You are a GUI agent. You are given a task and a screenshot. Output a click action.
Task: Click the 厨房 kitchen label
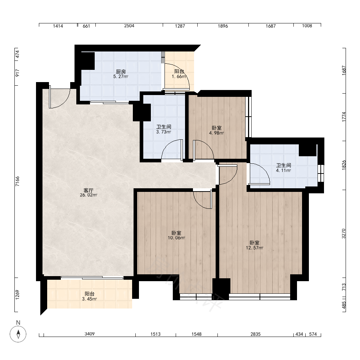pyautogui.click(x=121, y=72)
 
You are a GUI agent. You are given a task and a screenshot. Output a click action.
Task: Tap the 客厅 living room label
pyautogui.click(x=89, y=190)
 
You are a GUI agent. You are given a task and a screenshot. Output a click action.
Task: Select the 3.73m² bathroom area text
pyautogui.click(x=164, y=132)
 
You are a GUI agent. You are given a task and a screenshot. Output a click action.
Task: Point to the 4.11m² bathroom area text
pyautogui.click(x=284, y=171)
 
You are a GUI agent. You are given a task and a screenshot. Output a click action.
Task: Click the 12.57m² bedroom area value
pyautogui.click(x=255, y=248)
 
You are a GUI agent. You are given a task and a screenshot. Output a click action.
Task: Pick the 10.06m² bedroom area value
pyautogui.click(x=176, y=238)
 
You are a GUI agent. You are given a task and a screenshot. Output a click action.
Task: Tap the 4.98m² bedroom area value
pyautogui.click(x=216, y=133)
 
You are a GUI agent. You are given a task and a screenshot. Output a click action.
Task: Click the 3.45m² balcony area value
pyautogui.click(x=89, y=299)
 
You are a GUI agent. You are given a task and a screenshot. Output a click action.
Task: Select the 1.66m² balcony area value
pyautogui.click(x=179, y=77)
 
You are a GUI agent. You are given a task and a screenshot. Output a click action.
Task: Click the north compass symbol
pyautogui.click(x=18, y=334)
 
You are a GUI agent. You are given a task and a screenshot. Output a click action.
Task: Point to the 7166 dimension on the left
pyautogui.click(x=18, y=181)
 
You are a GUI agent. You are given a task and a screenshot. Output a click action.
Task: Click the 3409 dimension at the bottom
pyautogui.click(x=90, y=334)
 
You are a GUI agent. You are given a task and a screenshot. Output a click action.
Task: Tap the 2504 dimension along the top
pyautogui.click(x=129, y=26)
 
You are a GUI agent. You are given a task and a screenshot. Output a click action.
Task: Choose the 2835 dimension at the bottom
pyautogui.click(x=256, y=334)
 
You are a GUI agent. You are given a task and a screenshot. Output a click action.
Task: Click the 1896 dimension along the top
pyautogui.click(x=223, y=26)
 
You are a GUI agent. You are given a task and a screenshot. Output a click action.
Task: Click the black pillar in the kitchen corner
pyautogui.click(x=88, y=61)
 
